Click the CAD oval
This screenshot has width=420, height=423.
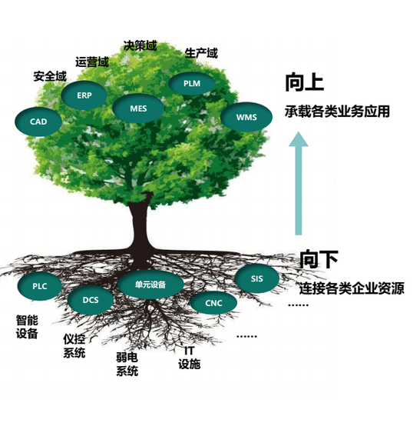tap(38, 122)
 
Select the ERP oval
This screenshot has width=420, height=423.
tap(84, 95)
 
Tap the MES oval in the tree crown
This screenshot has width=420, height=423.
tap(138, 108)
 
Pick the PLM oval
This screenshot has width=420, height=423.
tap(192, 83)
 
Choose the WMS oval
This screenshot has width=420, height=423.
tap(246, 118)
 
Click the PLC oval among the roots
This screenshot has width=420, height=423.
tap(40, 286)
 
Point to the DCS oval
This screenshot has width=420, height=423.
tap(91, 300)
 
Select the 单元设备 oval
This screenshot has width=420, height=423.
tap(150, 285)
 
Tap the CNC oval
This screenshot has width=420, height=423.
tap(213, 303)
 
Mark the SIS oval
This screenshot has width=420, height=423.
tap(256, 278)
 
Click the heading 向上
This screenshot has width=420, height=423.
tap(304, 82)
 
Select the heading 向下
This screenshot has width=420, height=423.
tap(319, 258)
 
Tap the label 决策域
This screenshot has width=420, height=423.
tap(140, 46)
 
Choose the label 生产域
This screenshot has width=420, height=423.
tap(201, 53)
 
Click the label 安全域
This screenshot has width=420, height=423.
tap(50, 76)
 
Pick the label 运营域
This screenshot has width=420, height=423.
tap(92, 62)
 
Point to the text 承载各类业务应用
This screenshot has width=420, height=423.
tap(337, 112)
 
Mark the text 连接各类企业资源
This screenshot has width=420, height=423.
tap(352, 288)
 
